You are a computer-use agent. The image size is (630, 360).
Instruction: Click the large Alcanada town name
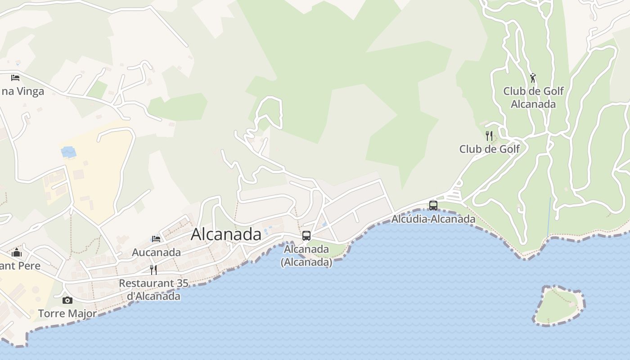[226, 234]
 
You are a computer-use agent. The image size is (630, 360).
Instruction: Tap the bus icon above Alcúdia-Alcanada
[433, 206]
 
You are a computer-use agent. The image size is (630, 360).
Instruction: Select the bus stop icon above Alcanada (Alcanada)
[306, 236]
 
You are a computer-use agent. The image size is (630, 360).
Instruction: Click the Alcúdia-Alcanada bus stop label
[433, 219]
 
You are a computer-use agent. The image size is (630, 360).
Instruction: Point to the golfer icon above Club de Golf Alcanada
[533, 78]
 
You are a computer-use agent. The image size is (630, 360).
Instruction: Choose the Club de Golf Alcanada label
[533, 98]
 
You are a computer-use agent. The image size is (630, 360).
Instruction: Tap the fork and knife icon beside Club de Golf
[489, 135]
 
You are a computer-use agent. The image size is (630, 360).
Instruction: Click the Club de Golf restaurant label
[490, 149]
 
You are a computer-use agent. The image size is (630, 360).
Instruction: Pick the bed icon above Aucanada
[156, 239]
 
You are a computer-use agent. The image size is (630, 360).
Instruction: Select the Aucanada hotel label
[156, 252]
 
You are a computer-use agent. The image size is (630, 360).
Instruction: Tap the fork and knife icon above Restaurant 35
[153, 270]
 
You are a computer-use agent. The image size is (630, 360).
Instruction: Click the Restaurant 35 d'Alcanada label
[153, 290]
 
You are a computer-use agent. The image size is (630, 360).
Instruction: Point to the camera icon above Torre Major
[67, 300]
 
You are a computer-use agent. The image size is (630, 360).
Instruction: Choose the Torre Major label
[67, 314]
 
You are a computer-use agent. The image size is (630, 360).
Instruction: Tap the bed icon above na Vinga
[15, 78]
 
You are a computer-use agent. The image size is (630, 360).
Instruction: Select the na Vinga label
[22, 91]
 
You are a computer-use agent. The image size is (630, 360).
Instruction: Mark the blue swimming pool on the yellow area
[68, 153]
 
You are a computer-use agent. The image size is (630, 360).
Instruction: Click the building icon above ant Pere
[17, 252]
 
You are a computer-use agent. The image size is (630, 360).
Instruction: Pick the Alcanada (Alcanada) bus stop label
[306, 256]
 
